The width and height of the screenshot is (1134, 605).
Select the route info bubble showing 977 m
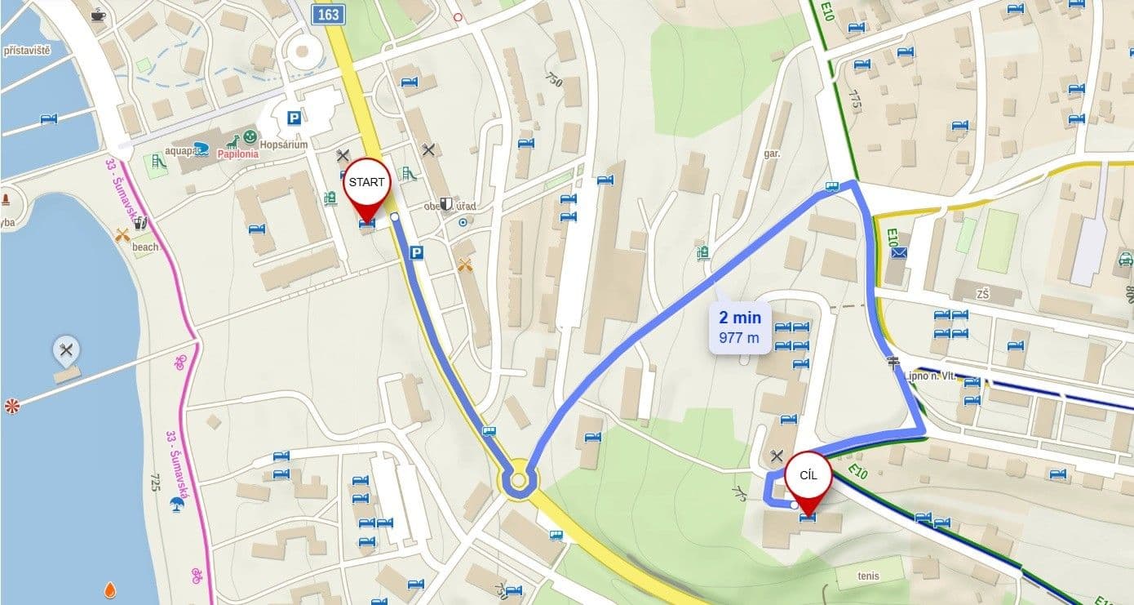pos(740,327)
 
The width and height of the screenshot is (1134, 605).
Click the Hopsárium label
pos(284,145)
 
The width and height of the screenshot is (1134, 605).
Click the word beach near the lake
pos(145,247)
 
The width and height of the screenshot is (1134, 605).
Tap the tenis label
pos(868,576)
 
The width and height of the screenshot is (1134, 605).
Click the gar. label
pos(773,153)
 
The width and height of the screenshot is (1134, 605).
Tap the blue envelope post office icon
pos(899,253)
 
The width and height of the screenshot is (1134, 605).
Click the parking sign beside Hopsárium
pos(292,118)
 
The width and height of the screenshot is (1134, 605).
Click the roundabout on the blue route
pos(518,480)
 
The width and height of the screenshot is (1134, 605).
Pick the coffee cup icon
pos(98,14)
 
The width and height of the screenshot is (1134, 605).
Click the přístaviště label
pos(27,51)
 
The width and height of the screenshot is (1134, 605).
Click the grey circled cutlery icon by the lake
pos(66,351)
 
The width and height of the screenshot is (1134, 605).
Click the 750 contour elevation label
pos(555,80)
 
